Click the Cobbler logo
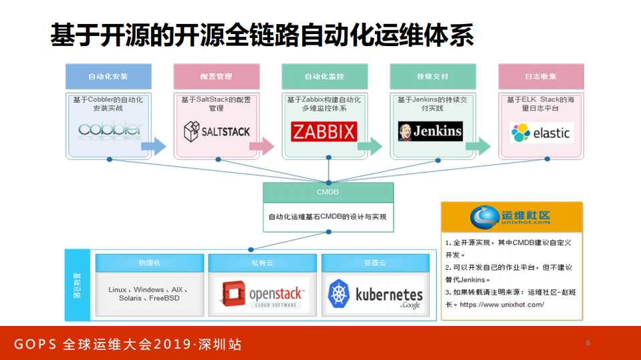click(x=110, y=129)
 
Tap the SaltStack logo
click(x=217, y=131)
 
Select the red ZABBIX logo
click(x=324, y=131)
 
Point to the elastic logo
click(x=540, y=132)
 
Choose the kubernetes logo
click(x=376, y=295)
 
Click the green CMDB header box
click(x=328, y=192)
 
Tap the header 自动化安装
click(x=108, y=77)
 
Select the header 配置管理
click(x=217, y=77)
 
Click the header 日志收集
click(x=541, y=77)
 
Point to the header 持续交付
click(x=432, y=77)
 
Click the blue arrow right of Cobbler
click(x=154, y=145)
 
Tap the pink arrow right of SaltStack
click(x=262, y=145)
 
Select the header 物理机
click(x=149, y=262)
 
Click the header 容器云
click(x=374, y=262)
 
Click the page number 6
click(x=588, y=343)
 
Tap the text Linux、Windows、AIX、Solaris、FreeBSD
click(x=148, y=294)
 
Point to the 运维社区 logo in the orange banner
click(x=511, y=216)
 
